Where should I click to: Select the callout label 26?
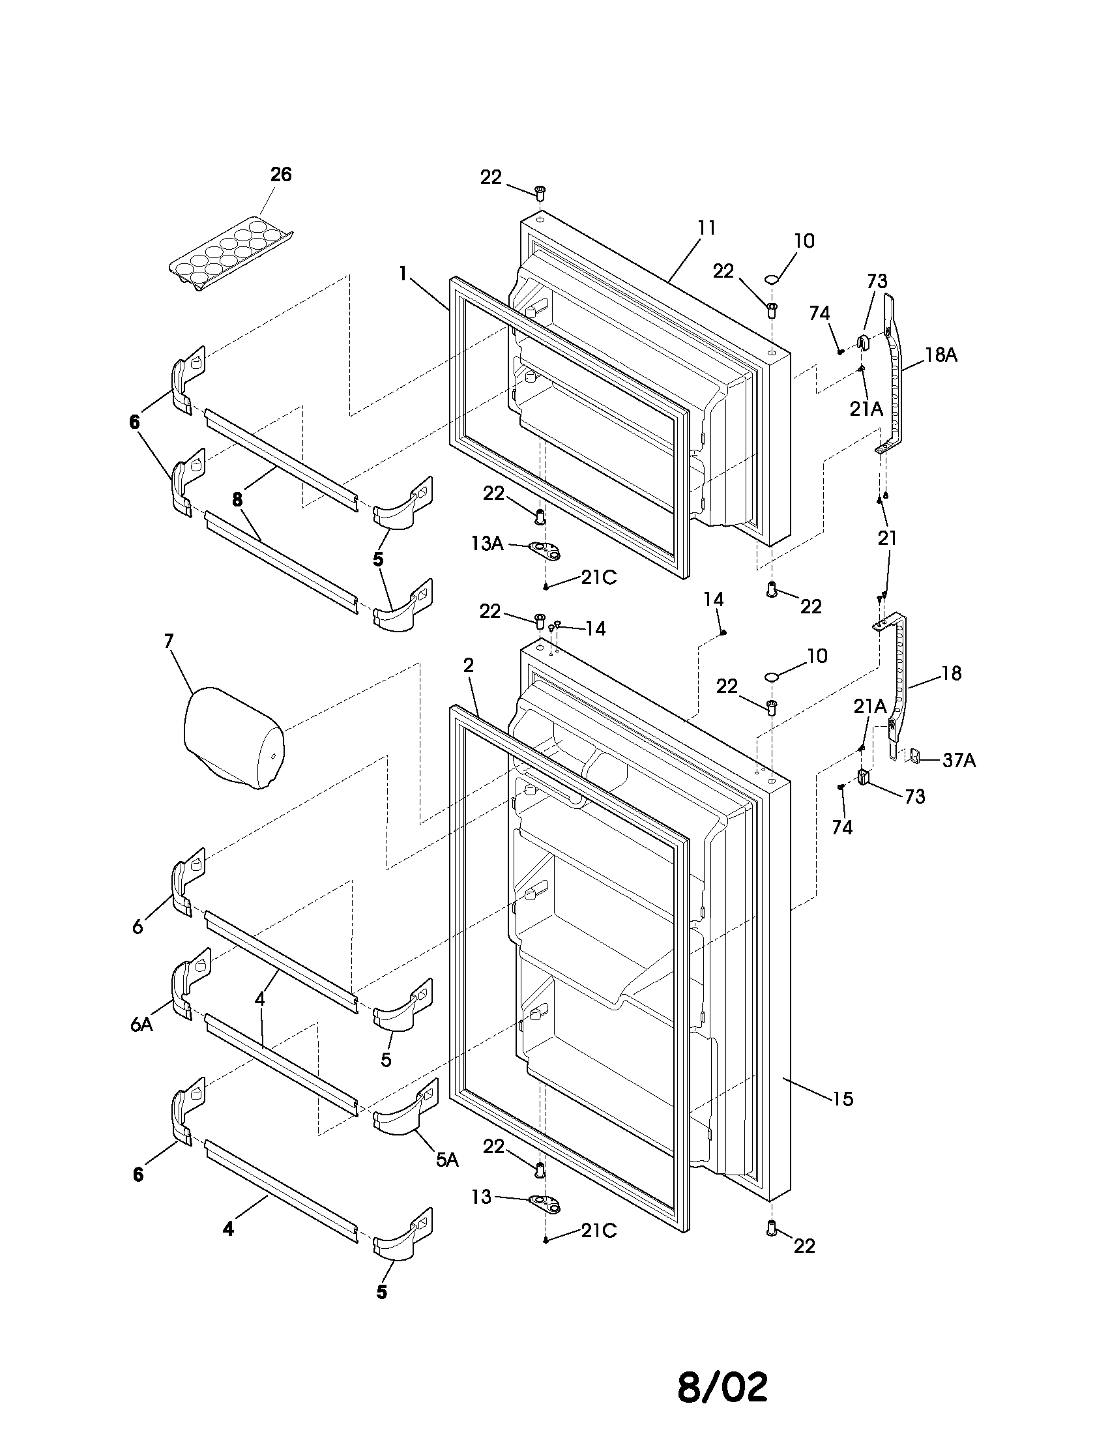281,175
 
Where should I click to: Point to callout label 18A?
941,355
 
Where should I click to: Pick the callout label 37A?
959,760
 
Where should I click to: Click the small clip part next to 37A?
916,756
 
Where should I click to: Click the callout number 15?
843,1098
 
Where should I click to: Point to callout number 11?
707,228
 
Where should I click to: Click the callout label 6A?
141,1024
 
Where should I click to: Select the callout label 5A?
447,1160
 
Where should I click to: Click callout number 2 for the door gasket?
468,666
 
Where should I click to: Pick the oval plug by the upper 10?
772,280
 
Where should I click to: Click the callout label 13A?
487,543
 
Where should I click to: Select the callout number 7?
169,641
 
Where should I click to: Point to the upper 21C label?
598,578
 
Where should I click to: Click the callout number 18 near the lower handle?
950,673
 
